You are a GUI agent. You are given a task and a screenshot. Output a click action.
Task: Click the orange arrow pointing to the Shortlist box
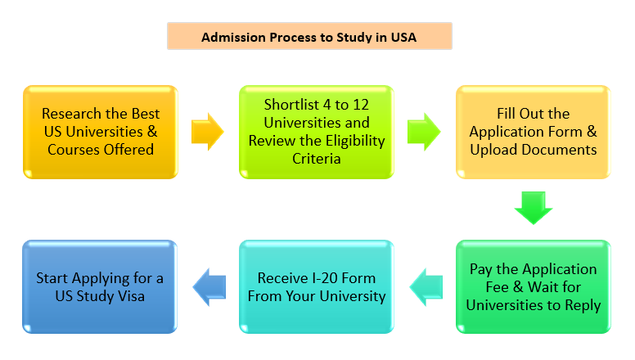coord(208,132)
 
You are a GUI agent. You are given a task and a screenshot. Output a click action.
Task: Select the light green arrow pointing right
coord(423,132)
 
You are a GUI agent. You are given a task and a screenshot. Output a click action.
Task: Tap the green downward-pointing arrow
coord(533,208)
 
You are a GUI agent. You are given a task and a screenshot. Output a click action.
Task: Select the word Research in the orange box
coord(72,114)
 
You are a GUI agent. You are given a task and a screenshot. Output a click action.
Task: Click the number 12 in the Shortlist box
coord(353,105)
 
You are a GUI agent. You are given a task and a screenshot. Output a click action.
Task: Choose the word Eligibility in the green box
coord(351,141)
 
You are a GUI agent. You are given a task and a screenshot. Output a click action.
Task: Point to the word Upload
coord(497,150)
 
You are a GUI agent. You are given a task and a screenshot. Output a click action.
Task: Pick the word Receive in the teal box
coord(281,277)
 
